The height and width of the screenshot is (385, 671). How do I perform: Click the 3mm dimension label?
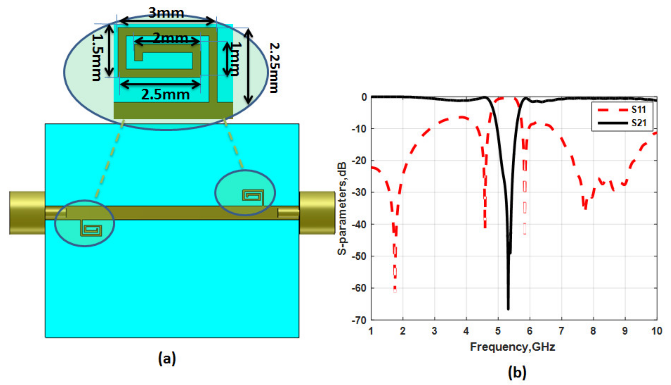point(166,13)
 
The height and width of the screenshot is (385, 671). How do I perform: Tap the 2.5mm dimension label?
point(165,95)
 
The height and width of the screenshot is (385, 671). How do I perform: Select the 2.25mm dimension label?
point(274,68)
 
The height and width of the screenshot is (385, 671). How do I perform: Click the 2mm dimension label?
point(171,38)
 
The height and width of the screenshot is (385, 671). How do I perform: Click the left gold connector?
point(27,213)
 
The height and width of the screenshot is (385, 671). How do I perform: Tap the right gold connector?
point(317,213)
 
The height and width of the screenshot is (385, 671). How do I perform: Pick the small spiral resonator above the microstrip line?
point(253,196)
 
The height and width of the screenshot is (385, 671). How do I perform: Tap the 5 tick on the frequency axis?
point(498,331)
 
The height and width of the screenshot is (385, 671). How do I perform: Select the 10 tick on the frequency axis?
point(656,331)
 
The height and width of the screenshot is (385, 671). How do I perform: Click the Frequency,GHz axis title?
point(512,347)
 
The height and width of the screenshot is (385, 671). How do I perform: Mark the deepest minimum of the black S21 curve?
point(508,308)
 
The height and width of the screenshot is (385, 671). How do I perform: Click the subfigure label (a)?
point(167,359)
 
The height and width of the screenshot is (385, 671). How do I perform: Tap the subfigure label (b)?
point(517,373)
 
